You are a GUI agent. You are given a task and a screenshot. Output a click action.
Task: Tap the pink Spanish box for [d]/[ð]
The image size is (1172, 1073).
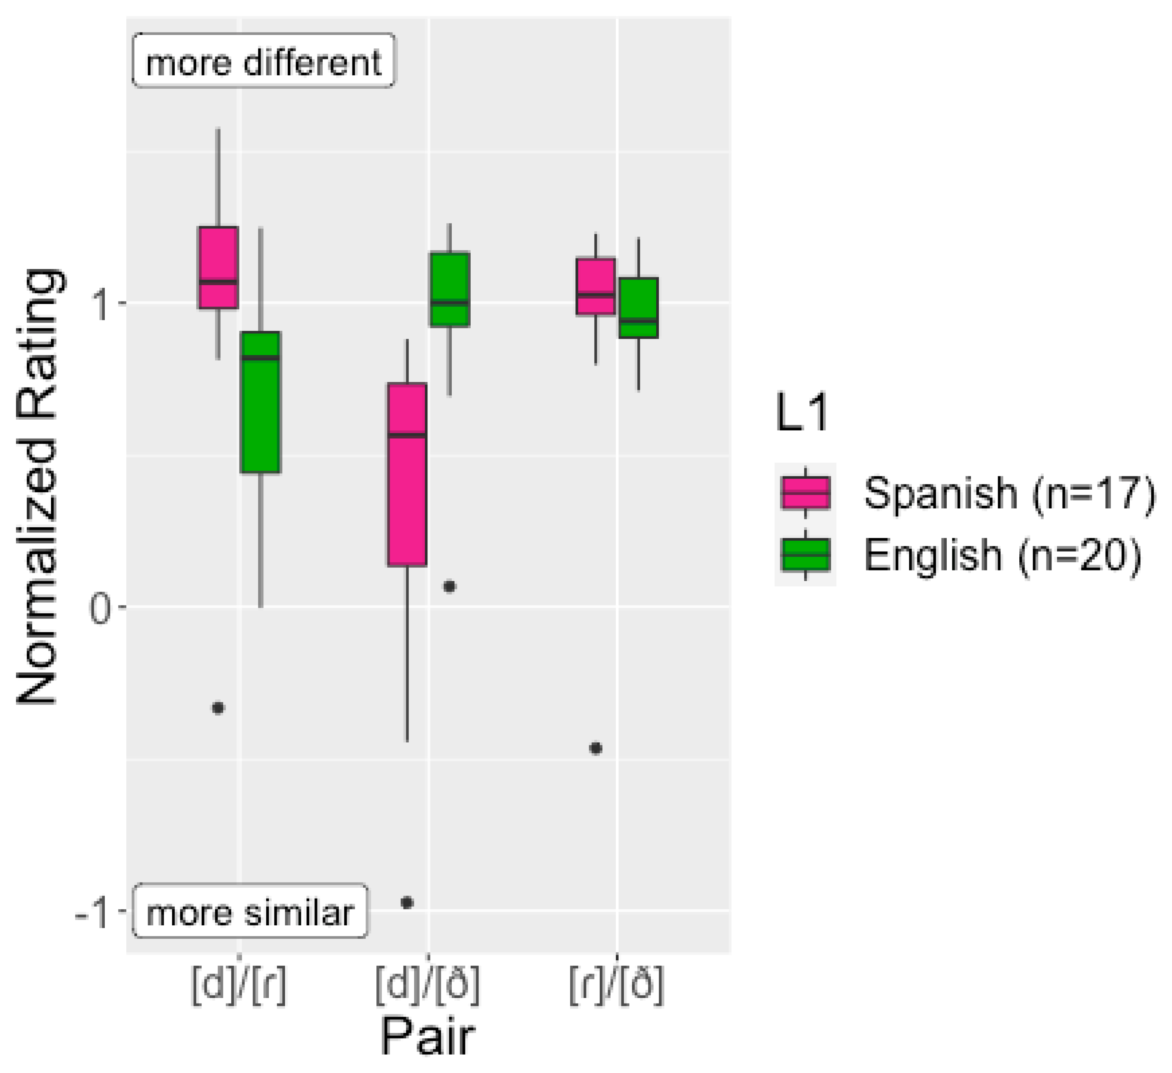click(407, 474)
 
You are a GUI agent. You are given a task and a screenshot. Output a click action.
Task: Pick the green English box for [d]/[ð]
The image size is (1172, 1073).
click(449, 289)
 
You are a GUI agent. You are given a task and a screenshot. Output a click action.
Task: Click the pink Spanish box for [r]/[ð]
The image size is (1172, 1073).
click(595, 286)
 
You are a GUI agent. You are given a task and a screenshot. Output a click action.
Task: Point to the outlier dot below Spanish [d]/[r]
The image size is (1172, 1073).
click(218, 708)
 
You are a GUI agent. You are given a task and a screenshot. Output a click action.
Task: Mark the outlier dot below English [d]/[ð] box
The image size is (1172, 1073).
click(449, 586)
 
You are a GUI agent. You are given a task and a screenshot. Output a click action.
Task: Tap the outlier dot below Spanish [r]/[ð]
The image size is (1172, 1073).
click(595, 748)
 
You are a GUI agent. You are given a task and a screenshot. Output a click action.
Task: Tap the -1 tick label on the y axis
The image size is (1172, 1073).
click(93, 913)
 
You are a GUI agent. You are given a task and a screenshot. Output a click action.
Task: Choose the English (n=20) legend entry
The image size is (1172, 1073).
click(959, 555)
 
